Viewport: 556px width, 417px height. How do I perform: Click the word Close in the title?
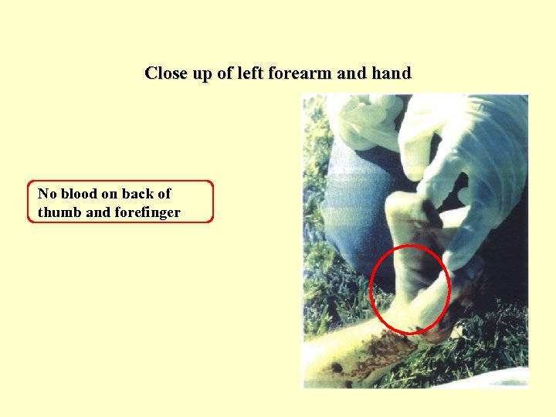166,74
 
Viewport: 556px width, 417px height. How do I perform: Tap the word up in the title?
202,74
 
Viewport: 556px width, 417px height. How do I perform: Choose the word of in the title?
224,74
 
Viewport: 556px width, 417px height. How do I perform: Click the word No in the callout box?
47,194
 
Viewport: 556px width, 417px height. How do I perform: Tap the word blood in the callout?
80,194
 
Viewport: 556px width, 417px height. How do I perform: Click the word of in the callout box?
164,194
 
